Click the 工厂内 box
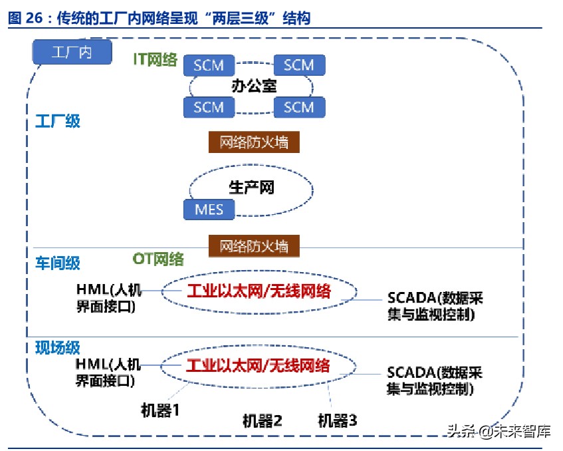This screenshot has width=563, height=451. [72, 52]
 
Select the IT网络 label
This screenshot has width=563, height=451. [155, 60]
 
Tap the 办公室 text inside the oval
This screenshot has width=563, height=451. [253, 86]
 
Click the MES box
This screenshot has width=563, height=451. [209, 210]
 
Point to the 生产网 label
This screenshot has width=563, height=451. [251, 188]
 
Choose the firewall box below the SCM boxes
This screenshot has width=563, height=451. [254, 142]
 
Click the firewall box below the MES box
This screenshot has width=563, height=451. [254, 245]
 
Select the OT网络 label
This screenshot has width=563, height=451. [158, 259]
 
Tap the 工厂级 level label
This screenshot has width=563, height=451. [58, 121]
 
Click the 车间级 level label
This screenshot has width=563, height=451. [58, 263]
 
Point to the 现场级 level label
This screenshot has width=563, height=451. [58, 347]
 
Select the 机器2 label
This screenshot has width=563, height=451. [262, 420]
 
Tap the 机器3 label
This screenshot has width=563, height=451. [337, 420]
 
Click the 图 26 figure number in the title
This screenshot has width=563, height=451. [25, 19]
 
